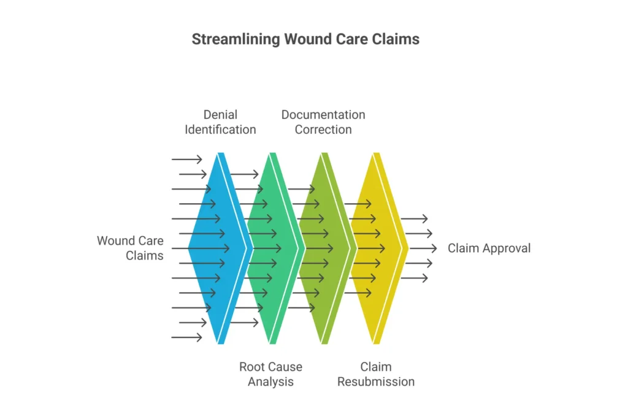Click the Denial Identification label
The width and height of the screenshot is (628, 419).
coord(220,122)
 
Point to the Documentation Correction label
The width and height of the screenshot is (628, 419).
coord(323,122)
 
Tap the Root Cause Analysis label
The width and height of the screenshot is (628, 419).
coord(270,374)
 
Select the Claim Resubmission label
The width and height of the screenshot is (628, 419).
coord(376,374)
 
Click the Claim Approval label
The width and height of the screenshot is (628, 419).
coord(489,248)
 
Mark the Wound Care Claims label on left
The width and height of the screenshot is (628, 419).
coord(130,248)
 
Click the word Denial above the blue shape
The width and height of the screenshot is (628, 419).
coord(220,115)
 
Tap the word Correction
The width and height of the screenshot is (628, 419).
coord(323,129)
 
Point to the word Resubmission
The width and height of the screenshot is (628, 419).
coord(376,382)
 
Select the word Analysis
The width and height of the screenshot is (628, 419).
coord(270,382)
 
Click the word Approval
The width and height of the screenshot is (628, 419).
coord(507,248)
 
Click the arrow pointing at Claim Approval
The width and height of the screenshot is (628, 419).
coord(423,248)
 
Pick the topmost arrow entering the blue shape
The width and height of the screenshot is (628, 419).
coord(187,160)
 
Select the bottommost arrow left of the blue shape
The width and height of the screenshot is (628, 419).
coord(187,337)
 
